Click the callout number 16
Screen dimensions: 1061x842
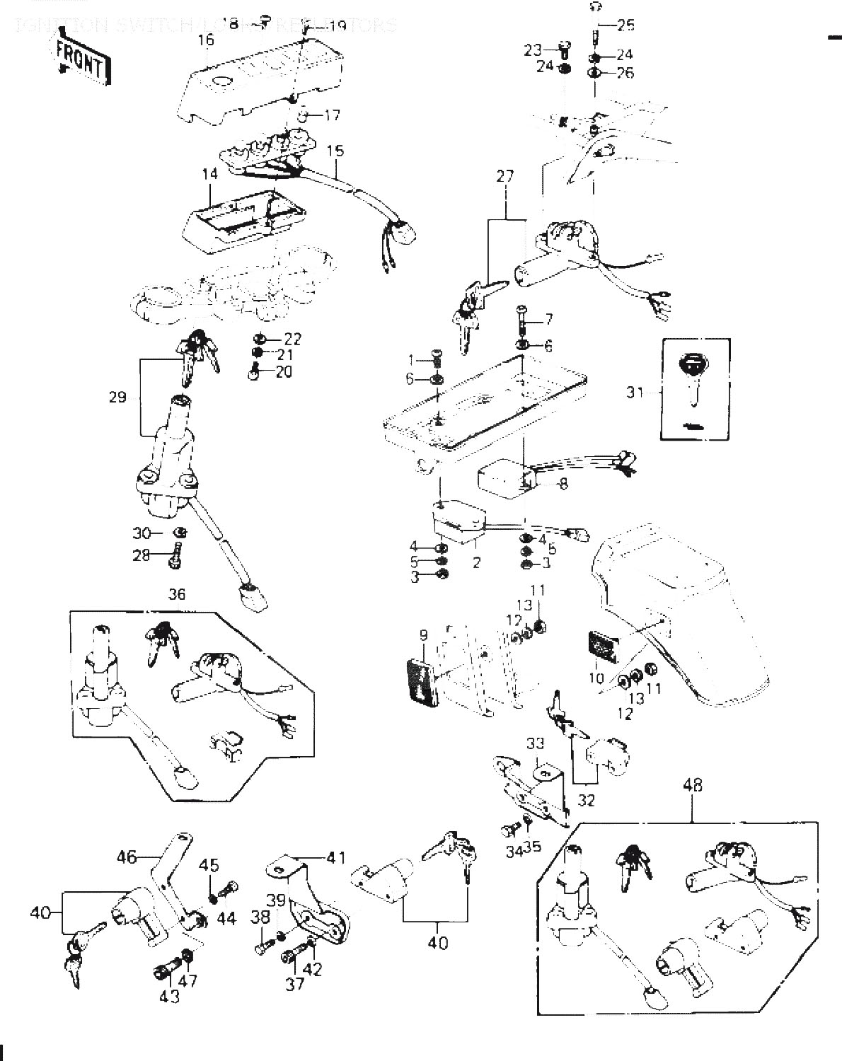pos(206,40)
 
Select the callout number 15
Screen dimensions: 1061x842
pos(336,151)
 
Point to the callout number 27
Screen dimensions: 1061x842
pos(505,176)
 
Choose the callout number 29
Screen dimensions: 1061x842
pos(117,397)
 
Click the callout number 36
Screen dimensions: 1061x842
pos(177,594)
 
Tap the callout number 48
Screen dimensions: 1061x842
pos(693,785)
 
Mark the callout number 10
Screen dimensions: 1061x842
pos(596,678)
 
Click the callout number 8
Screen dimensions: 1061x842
pos(563,485)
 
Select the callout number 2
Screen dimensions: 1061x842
pos(477,563)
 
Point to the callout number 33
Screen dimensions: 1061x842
pos(536,743)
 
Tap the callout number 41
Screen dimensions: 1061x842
pos(335,858)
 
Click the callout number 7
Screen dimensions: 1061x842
pos(548,319)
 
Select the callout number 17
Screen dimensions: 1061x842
pos(333,115)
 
